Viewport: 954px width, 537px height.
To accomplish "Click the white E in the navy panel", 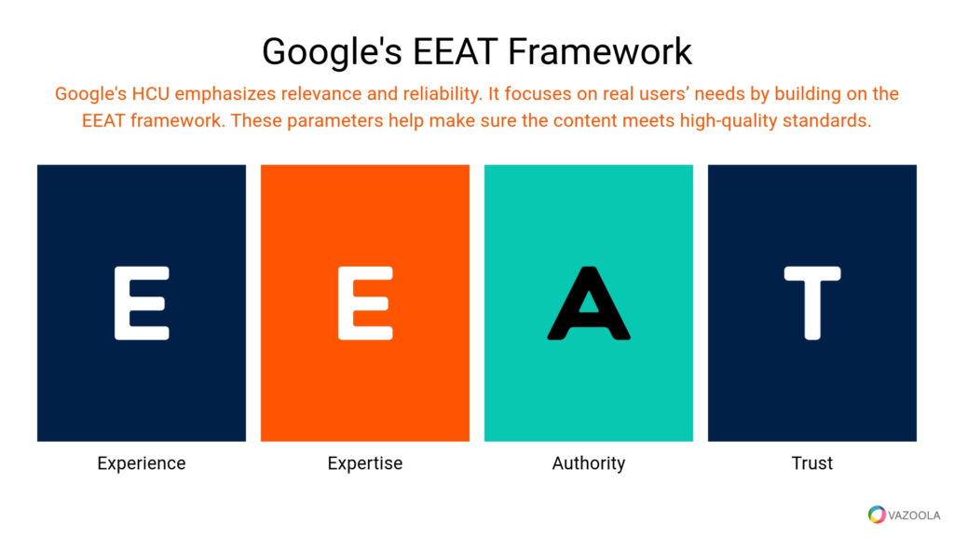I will (x=142, y=303).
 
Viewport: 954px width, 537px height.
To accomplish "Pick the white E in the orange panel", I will (x=365, y=303).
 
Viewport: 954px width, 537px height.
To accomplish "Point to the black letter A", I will (x=589, y=303).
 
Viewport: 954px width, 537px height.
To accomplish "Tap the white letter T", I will (x=812, y=303).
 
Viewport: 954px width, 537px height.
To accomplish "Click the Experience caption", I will (x=142, y=463).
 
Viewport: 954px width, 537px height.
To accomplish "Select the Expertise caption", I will (x=365, y=463).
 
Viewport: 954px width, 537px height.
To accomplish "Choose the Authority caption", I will (x=589, y=463).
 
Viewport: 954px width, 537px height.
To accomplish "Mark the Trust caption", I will (x=812, y=463).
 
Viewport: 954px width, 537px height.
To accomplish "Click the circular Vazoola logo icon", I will (x=877, y=514).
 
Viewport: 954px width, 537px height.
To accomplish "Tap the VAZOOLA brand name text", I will (x=915, y=514).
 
